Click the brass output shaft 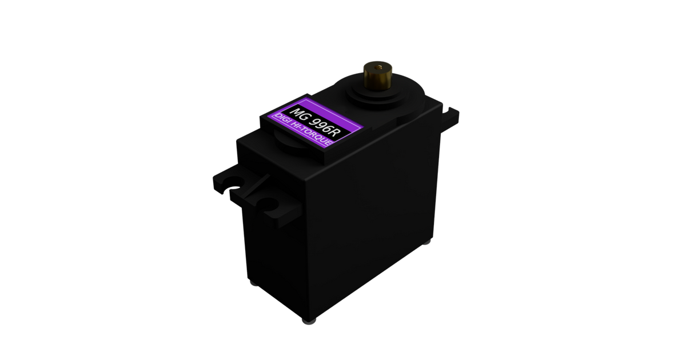click(x=378, y=76)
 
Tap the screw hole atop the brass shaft click(x=379, y=66)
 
